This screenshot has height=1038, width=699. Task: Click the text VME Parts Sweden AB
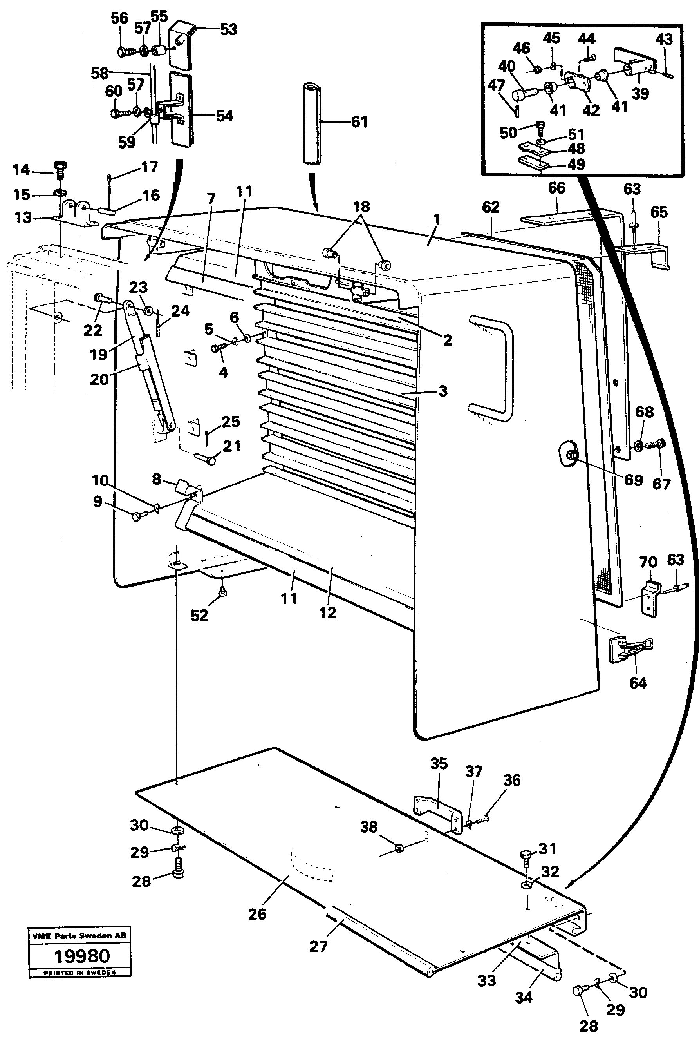coord(79,935)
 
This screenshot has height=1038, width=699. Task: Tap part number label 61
coord(359,122)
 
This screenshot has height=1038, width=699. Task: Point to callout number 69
coord(634,480)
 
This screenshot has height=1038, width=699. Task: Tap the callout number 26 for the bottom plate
coord(257,914)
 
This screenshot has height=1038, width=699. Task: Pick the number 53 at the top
coord(228,29)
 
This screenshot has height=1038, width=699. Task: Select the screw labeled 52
coord(224,593)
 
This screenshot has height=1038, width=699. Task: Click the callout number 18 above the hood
coord(361,207)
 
